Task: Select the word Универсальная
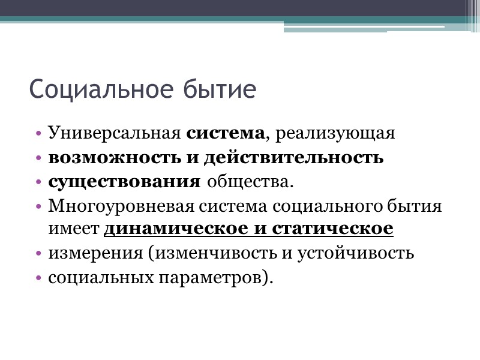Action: click(x=115, y=133)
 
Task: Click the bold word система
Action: click(x=226, y=133)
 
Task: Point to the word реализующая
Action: click(x=335, y=133)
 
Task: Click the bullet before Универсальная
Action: click(x=39, y=133)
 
